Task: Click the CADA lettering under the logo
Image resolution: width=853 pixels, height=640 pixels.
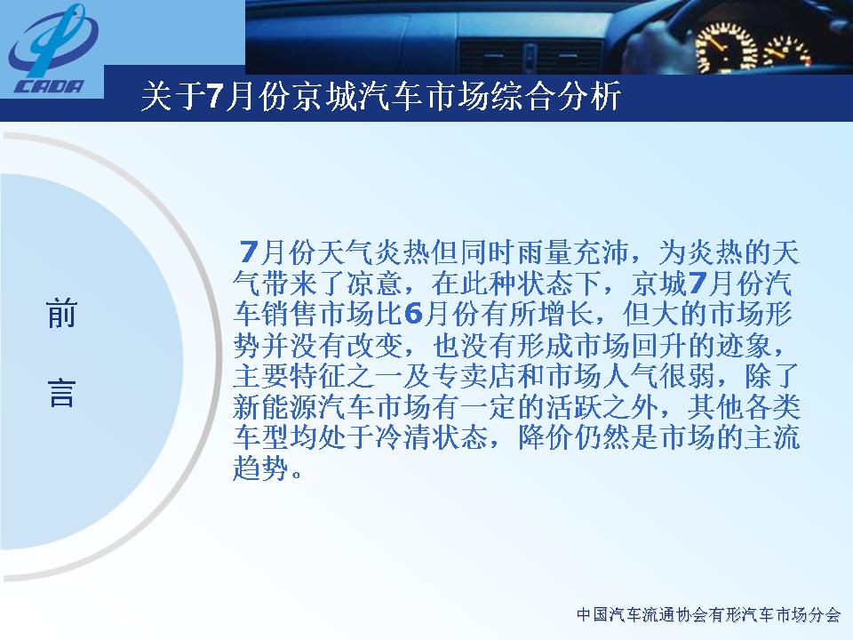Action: [x=50, y=86]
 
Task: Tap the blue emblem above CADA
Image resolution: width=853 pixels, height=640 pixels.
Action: [x=53, y=41]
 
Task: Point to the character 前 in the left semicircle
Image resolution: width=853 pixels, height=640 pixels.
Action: [x=61, y=314]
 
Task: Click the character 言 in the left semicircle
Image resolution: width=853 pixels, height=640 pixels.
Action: [x=61, y=393]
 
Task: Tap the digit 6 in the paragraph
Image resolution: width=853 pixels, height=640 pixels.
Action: [x=414, y=314]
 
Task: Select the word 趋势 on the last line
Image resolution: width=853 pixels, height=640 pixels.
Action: [x=261, y=468]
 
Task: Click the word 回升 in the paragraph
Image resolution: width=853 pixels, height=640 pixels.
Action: [x=659, y=345]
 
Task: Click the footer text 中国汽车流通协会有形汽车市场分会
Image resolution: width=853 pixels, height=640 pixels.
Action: [x=709, y=615]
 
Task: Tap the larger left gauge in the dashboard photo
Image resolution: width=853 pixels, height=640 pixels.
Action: [x=726, y=46]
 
